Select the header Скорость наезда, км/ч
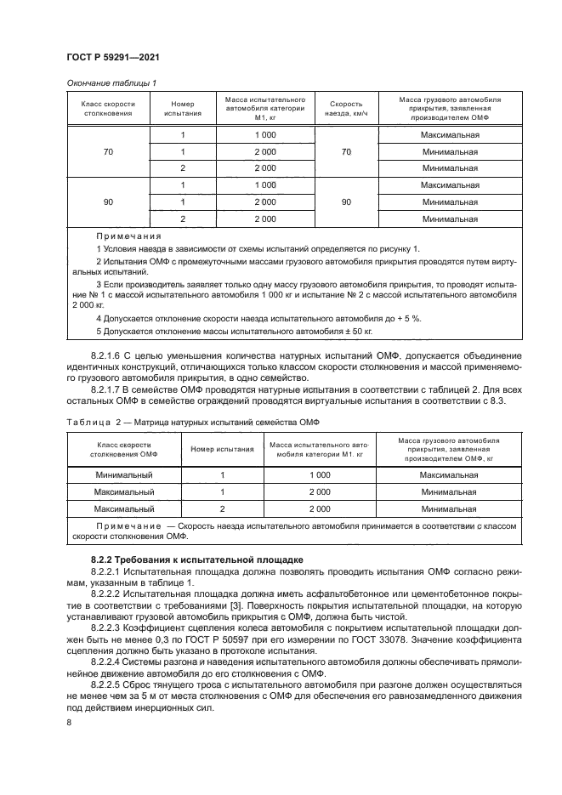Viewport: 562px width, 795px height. (x=346, y=108)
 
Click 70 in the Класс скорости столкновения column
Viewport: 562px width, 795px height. (x=108, y=152)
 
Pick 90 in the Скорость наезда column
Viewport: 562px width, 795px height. (x=346, y=202)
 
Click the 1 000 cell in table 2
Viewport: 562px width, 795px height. (x=319, y=476)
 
